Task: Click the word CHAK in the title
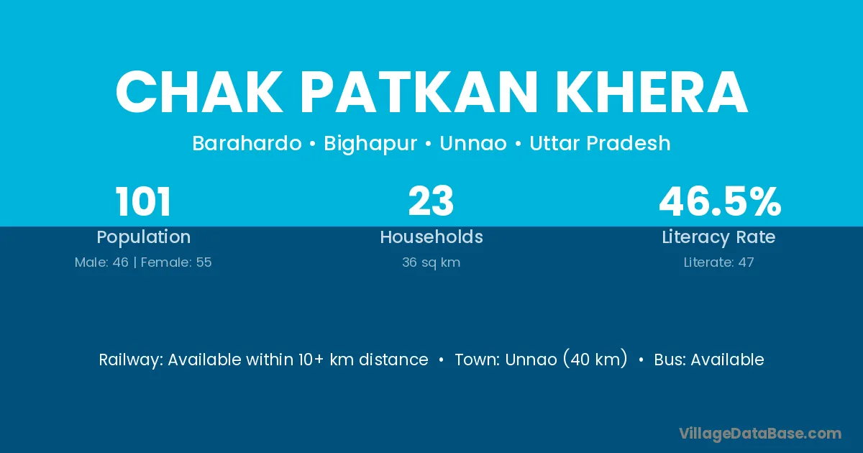point(199,93)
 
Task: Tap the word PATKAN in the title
point(419,93)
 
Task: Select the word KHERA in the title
point(652,93)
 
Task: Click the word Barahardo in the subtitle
point(247,143)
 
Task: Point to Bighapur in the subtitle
point(370,144)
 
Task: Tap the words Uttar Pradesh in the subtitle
point(600,143)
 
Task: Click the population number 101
point(143,201)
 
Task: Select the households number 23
point(431,201)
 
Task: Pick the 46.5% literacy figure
point(720,201)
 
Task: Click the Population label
point(144,237)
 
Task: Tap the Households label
point(431,237)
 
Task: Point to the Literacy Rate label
point(718,237)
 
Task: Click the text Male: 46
point(101,262)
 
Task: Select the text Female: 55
point(176,262)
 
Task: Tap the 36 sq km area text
point(431,262)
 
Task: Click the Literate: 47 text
point(718,262)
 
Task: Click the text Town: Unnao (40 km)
point(541,359)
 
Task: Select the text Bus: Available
point(709,360)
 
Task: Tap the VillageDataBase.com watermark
point(759,434)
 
